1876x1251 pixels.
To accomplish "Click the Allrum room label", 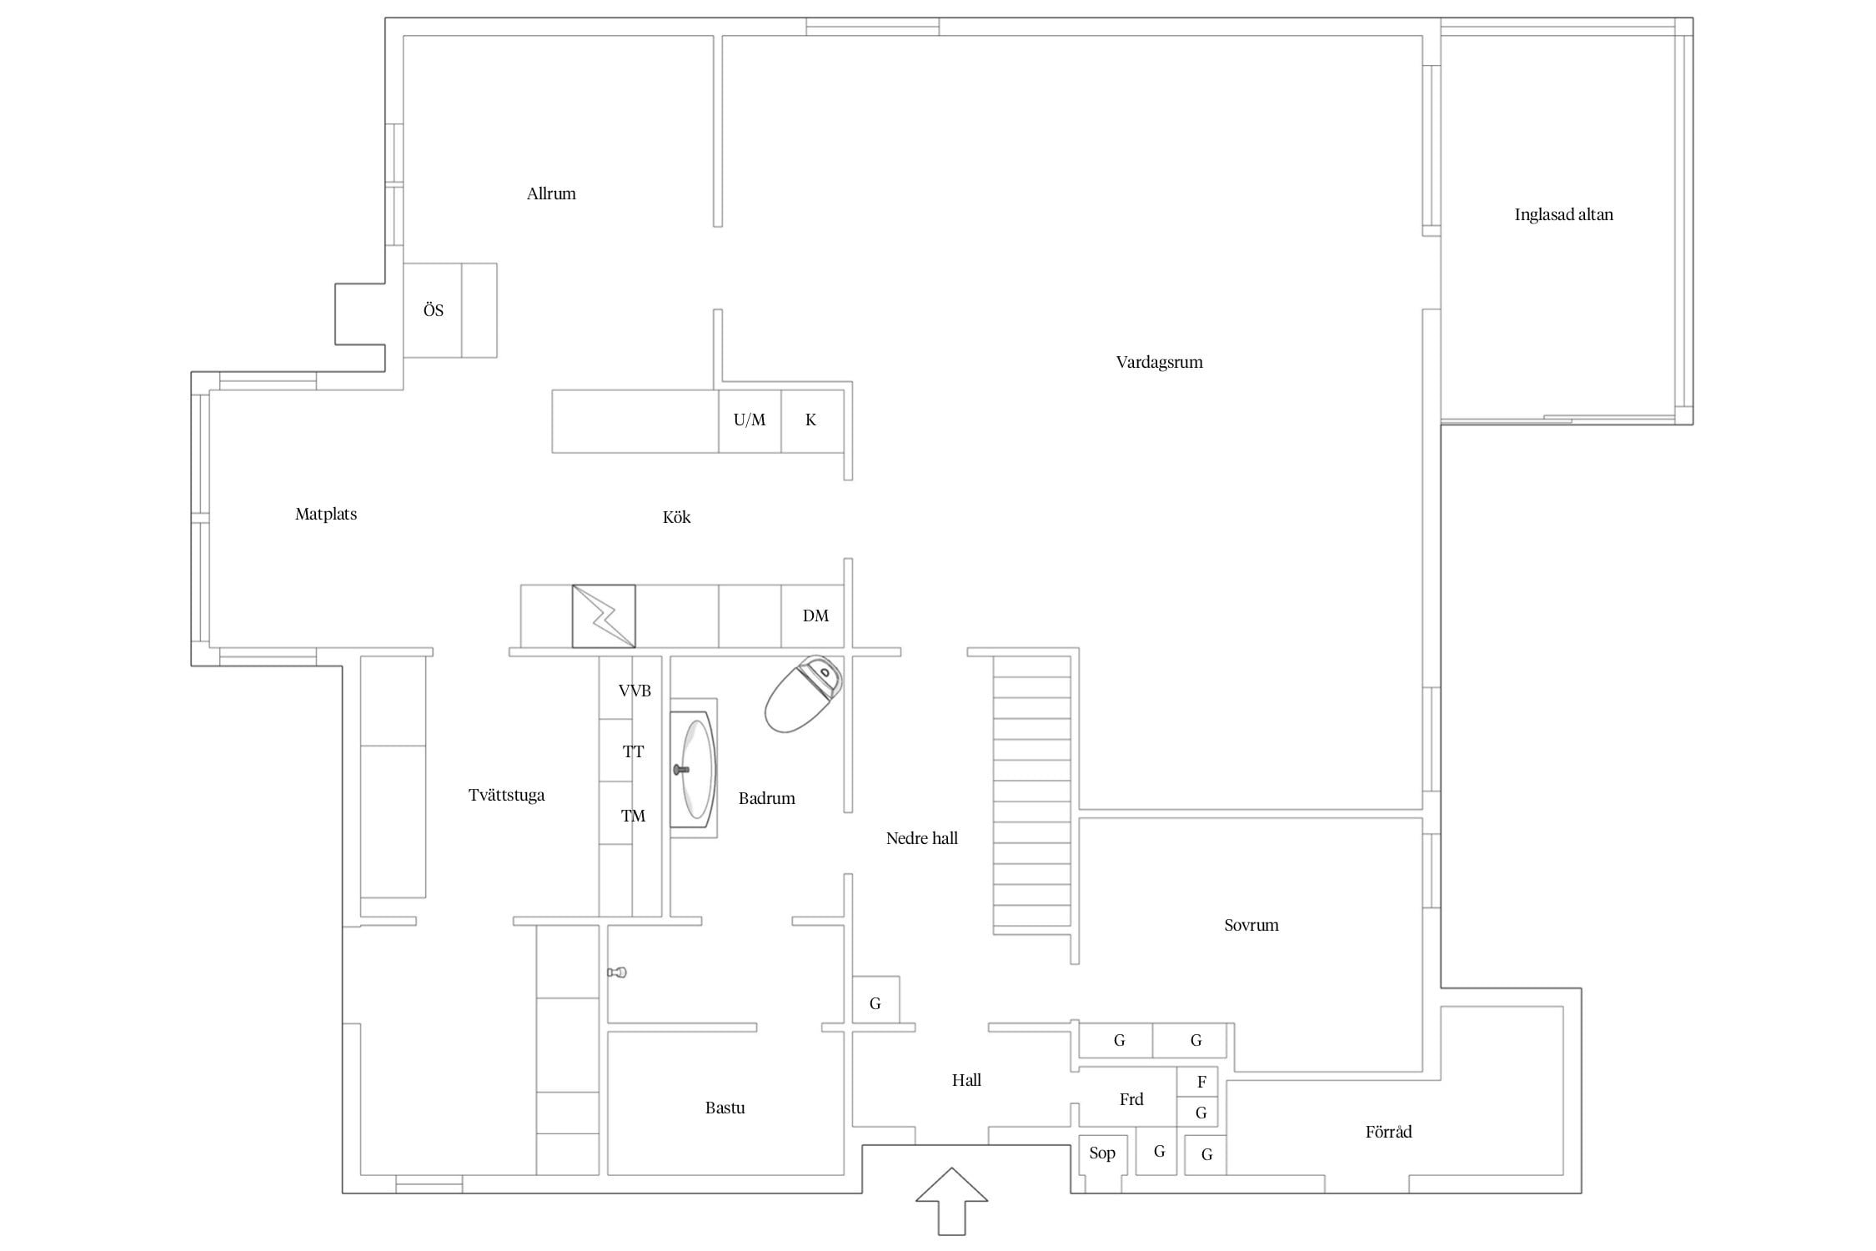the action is pyautogui.click(x=551, y=193).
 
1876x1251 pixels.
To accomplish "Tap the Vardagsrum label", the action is pyautogui.click(x=1159, y=362).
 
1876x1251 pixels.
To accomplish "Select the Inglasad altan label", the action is pyautogui.click(x=1563, y=214).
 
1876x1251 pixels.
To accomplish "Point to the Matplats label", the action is pyautogui.click(x=326, y=514).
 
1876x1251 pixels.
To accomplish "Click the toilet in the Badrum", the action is pyautogui.click(x=803, y=694).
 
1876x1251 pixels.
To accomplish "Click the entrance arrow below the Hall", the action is pyautogui.click(x=951, y=1201).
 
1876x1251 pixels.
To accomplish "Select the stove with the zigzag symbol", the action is pyautogui.click(x=604, y=616).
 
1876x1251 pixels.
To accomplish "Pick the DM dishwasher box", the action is pyautogui.click(x=812, y=616).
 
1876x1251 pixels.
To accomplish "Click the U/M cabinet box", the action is pyautogui.click(x=750, y=420).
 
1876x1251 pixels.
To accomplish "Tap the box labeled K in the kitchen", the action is pyautogui.click(x=812, y=420).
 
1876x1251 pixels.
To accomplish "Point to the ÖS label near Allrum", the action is pyautogui.click(x=434, y=310).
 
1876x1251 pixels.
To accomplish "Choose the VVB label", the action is pyautogui.click(x=635, y=691).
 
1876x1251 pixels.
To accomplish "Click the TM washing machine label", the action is pyautogui.click(x=633, y=816).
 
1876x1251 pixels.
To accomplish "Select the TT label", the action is pyautogui.click(x=633, y=751).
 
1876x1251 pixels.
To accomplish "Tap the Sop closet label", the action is pyautogui.click(x=1102, y=1153).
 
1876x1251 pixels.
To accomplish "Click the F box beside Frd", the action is pyautogui.click(x=1197, y=1082).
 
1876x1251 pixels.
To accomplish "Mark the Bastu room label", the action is pyautogui.click(x=725, y=1108).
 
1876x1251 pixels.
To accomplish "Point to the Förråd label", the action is pyautogui.click(x=1388, y=1131).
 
